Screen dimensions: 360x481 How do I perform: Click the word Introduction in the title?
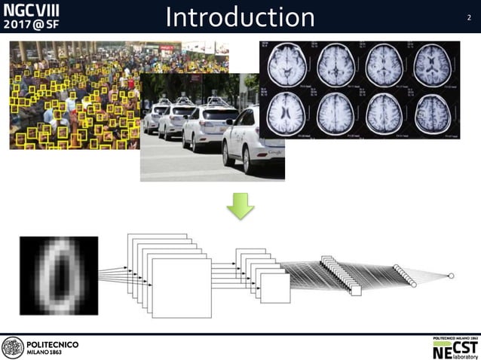240,17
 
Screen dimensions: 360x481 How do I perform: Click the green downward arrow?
240,206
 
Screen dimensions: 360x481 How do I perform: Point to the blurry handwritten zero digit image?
57,275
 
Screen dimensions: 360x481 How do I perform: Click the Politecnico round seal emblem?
13,347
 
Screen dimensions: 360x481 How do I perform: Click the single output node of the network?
451,276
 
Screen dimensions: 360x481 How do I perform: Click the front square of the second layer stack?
274,288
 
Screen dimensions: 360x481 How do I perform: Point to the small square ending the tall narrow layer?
356,290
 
